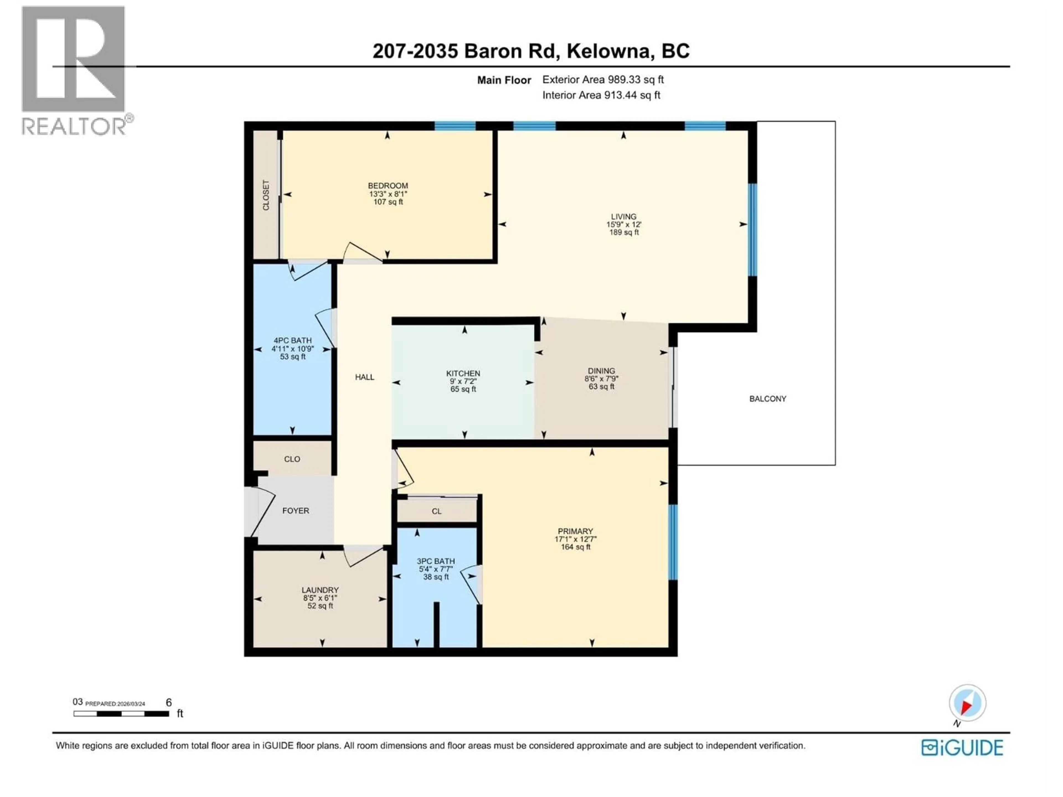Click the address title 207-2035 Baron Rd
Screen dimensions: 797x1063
531,51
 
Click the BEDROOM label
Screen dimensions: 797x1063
388,185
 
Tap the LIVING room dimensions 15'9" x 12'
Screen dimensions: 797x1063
623,224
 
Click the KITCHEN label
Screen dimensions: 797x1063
463,373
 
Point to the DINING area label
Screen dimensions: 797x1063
601,371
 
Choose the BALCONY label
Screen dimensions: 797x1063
767,399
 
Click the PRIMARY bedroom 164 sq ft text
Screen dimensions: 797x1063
575,547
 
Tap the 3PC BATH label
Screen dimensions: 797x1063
435,561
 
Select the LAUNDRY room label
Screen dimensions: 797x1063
320,590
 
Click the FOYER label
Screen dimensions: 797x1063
296,511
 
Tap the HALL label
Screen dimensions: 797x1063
364,377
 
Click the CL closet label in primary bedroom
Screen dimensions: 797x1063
436,511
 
